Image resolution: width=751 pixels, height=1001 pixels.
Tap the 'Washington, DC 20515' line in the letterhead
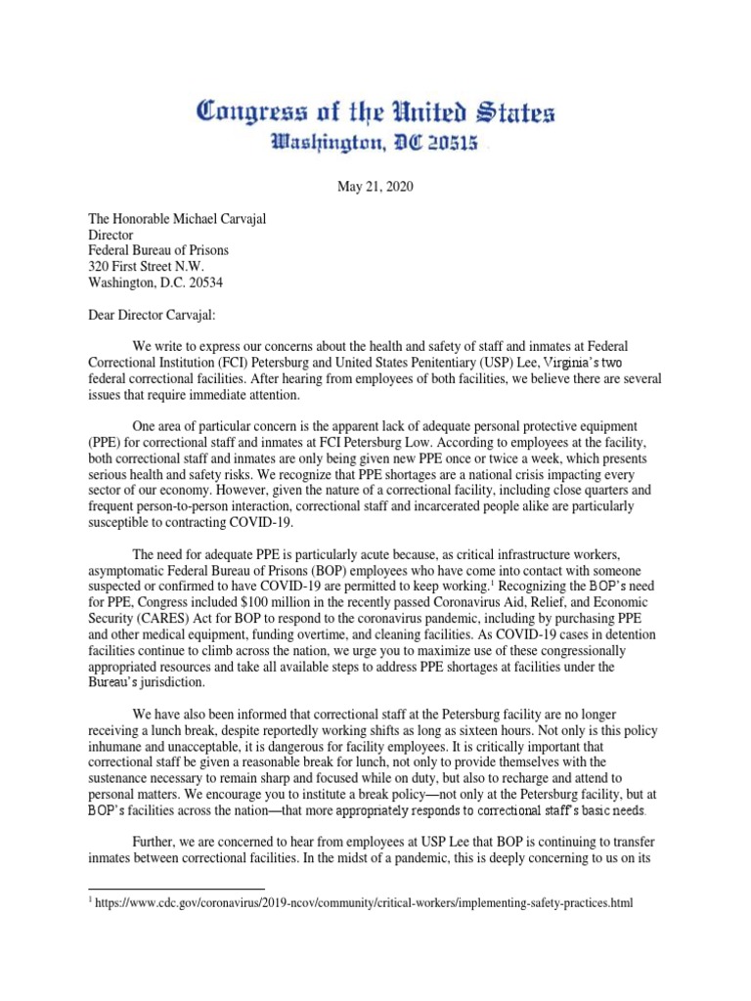[x=375, y=144]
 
